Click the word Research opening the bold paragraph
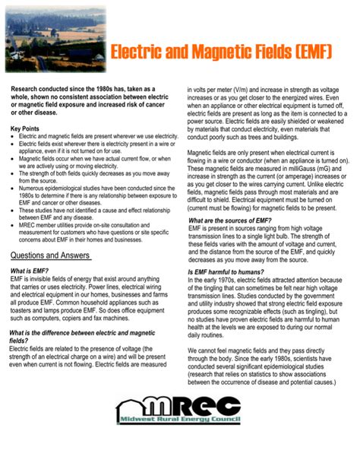[27, 89]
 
